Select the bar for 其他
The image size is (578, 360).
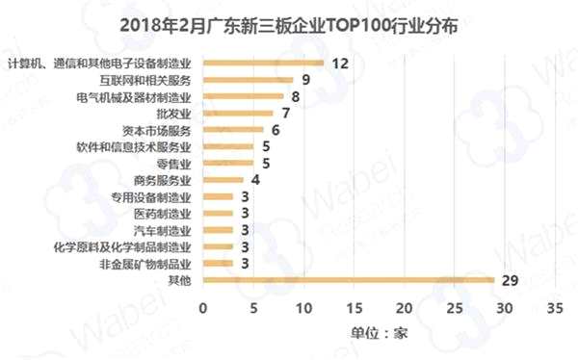pos(348,280)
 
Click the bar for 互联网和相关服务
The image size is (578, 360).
pos(248,80)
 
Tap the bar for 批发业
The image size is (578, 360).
pos(238,114)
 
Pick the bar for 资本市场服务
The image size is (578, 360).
pos(232,130)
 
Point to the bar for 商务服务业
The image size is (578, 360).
pos(223,180)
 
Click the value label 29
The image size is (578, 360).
pos(511,280)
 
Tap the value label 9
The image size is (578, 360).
pos(305,80)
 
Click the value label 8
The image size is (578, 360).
pos(295,97)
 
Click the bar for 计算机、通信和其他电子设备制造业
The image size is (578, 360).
pos(263,64)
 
